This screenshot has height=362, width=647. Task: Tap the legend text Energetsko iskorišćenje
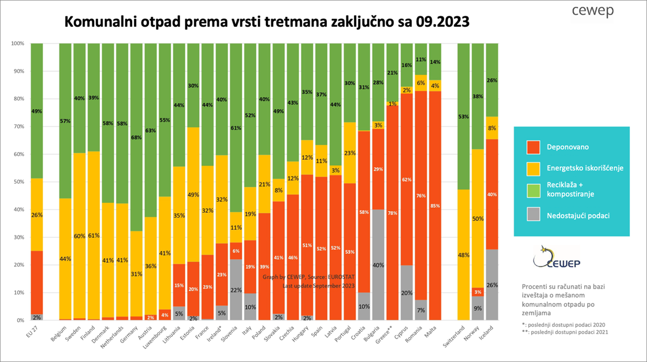coord(585,168)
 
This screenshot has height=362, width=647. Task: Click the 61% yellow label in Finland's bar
coord(93,235)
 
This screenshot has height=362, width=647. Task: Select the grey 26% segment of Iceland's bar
coord(492,285)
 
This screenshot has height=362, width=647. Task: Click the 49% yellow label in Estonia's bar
coord(193,194)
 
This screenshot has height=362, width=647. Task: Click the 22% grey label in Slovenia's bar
coord(236,290)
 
